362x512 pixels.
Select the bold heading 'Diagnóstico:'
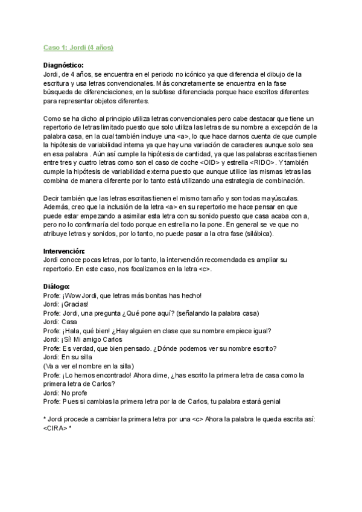[x=65, y=65]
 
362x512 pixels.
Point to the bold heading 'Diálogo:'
[x=57, y=286]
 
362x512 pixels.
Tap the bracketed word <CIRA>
[x=56, y=428]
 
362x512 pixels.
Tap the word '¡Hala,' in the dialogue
[x=71, y=330]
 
